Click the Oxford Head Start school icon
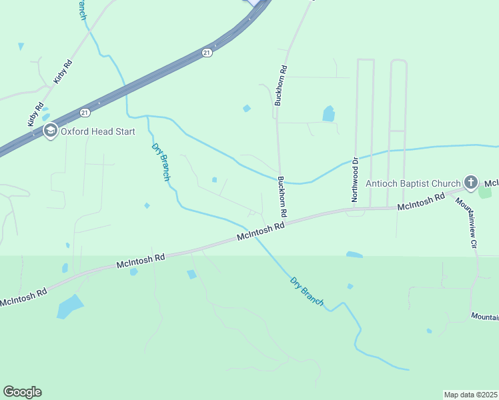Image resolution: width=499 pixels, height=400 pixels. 50,131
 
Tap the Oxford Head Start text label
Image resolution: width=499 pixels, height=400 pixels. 98,132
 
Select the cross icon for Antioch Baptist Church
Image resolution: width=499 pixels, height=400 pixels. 470,183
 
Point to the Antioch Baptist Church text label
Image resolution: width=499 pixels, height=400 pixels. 413,183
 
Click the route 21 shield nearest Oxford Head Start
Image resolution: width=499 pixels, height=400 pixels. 85,112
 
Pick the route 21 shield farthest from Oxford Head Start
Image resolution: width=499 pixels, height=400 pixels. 207,52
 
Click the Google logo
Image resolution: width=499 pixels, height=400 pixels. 22,392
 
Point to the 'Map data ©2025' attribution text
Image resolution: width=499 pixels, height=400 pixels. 471,395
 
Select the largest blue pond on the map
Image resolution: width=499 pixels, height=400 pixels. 69,307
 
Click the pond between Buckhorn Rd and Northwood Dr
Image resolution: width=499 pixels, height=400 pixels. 328,114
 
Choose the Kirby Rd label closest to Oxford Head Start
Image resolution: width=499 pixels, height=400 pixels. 35,114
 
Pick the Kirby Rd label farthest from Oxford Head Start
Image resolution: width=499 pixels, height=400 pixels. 64,71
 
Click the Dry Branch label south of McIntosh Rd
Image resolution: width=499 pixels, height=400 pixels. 307,291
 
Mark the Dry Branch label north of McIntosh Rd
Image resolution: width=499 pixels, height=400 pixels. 161,162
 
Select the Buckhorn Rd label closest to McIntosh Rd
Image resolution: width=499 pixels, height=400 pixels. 282,195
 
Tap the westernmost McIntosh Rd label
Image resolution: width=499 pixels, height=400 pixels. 23,297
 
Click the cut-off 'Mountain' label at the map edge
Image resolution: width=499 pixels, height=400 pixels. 484,316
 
